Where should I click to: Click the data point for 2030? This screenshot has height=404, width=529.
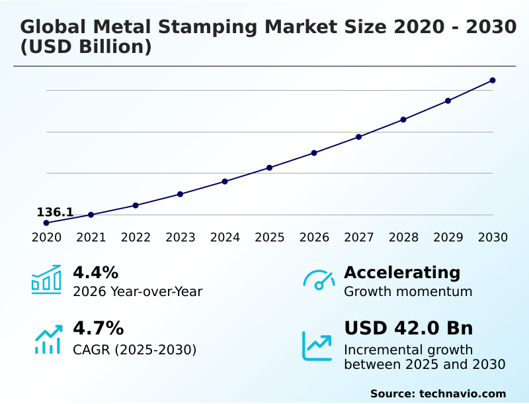click(493, 81)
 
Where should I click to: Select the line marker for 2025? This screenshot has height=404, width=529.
click(270, 168)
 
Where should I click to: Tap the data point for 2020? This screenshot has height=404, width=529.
click(46, 223)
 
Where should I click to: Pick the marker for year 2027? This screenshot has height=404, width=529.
click(359, 137)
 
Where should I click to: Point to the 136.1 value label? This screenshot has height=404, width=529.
click(55, 213)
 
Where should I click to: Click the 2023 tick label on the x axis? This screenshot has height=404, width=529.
click(181, 238)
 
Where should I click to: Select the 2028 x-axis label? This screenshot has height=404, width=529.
click(403, 238)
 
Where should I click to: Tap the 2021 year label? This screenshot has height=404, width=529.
click(91, 238)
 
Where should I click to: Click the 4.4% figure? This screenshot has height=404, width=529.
click(95, 272)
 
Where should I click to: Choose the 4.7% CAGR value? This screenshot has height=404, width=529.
click(98, 328)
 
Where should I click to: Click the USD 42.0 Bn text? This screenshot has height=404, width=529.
click(408, 328)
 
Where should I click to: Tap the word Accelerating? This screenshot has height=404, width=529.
click(401, 272)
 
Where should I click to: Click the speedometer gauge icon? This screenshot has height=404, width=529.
click(319, 279)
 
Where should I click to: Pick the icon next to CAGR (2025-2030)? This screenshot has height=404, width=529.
click(48, 339)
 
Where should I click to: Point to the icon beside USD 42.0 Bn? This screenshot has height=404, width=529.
click(317, 346)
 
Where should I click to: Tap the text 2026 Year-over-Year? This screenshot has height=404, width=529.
click(138, 291)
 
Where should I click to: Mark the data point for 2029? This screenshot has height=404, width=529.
click(448, 101)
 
